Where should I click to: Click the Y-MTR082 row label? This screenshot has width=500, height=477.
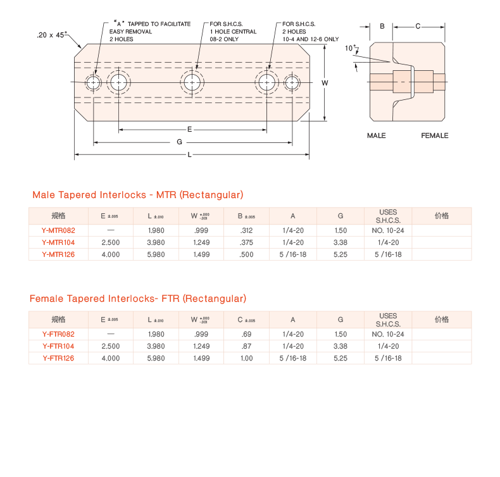pyautogui.click(x=58, y=230)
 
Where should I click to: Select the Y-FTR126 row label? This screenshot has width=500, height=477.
pyautogui.click(x=59, y=358)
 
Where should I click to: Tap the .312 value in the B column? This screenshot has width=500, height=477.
pyautogui.click(x=246, y=230)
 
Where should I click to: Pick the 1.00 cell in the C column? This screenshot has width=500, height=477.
pyautogui.click(x=246, y=358)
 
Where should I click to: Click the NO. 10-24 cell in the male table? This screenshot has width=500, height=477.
pyautogui.click(x=388, y=230)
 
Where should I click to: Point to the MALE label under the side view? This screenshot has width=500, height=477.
pyautogui.click(x=376, y=136)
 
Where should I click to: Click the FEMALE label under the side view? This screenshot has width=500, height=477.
pyautogui.click(x=435, y=136)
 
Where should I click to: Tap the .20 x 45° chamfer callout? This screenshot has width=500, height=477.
pyautogui.click(x=52, y=35)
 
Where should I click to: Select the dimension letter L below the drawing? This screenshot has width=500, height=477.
pyautogui.click(x=189, y=155)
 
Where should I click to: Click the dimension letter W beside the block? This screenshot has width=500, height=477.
pyautogui.click(x=325, y=83)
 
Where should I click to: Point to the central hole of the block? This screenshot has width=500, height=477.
pyautogui.click(x=192, y=82)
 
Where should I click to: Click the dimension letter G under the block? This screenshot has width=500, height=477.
pyautogui.click(x=180, y=142)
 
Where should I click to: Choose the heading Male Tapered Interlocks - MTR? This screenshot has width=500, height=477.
pyautogui.click(x=137, y=195)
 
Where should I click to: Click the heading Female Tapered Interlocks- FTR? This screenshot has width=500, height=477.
pyautogui.click(x=137, y=299)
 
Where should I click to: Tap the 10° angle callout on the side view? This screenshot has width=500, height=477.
pyautogui.click(x=349, y=48)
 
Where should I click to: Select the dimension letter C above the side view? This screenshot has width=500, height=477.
pyautogui.click(x=418, y=27)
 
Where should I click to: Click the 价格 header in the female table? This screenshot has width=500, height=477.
pyautogui.click(x=442, y=319)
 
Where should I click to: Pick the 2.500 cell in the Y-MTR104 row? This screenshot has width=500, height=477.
pyautogui.click(x=111, y=242)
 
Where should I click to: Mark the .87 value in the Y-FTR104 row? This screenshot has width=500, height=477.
pyautogui.click(x=246, y=346)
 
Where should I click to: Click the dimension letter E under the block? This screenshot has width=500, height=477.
pyautogui.click(x=190, y=129)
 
